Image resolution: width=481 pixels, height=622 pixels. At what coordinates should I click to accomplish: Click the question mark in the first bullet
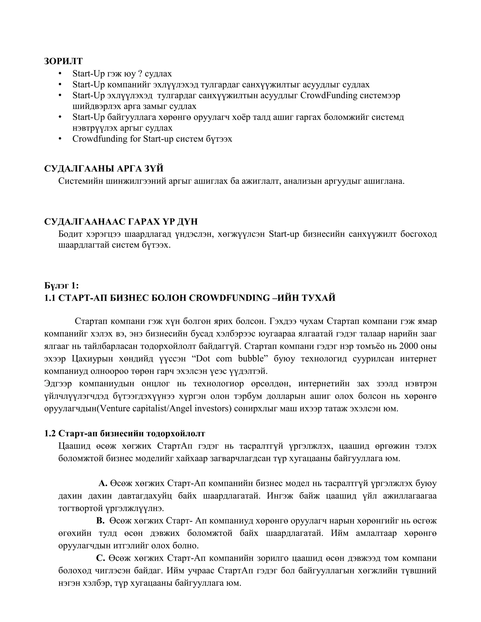pyautogui.click(x=140, y=74)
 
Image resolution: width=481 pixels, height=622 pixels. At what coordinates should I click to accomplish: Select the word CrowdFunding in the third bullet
pyautogui.click(x=329, y=95)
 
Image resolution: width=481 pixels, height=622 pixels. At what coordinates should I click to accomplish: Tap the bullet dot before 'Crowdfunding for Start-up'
pyautogui.click(x=60, y=139)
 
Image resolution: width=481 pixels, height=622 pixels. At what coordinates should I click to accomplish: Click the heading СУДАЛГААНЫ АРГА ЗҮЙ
pyautogui.click(x=104, y=169)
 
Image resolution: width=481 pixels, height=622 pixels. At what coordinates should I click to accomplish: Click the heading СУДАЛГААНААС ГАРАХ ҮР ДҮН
pyautogui.click(x=121, y=222)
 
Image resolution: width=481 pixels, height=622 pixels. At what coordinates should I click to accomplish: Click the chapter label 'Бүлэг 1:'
pyautogui.click(x=61, y=285)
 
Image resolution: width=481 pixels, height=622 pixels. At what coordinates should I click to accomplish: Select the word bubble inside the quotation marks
pyautogui.click(x=251, y=359)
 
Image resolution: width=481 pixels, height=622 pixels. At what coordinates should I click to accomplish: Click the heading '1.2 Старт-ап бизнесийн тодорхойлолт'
pyautogui.click(x=124, y=434)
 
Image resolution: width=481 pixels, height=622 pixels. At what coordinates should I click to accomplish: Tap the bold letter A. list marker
pyautogui.click(x=103, y=483)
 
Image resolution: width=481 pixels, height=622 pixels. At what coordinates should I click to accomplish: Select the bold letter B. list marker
pyautogui.click(x=101, y=521)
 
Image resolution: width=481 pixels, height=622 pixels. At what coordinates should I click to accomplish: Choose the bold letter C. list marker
pyautogui.click(x=101, y=558)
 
